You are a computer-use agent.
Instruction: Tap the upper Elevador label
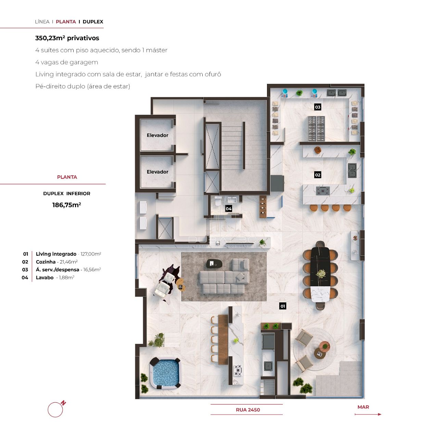tap(157, 135)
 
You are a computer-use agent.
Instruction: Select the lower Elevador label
tap(157, 172)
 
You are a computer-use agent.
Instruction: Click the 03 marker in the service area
tap(318, 107)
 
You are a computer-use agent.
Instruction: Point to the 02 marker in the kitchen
tap(318, 175)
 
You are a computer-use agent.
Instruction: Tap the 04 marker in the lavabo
tap(229, 208)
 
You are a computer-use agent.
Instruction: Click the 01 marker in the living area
tap(283, 306)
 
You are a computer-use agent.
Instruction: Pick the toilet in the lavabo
tap(218, 201)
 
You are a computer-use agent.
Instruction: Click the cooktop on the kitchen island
tap(322, 191)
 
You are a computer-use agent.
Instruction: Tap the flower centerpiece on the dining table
tap(320, 274)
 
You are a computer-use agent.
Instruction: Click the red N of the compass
tap(63, 403)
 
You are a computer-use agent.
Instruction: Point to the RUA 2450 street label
tap(248, 410)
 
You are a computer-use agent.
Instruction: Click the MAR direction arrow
tap(368, 414)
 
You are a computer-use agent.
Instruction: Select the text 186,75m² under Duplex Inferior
tap(66, 205)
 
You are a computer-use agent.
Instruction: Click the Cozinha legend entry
tap(56, 262)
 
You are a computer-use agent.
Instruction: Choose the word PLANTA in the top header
tap(66, 22)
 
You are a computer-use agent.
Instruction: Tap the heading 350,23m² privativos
tap(67, 38)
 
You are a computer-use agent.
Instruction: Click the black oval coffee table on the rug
tap(214, 264)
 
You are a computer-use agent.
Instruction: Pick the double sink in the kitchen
tap(352, 170)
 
